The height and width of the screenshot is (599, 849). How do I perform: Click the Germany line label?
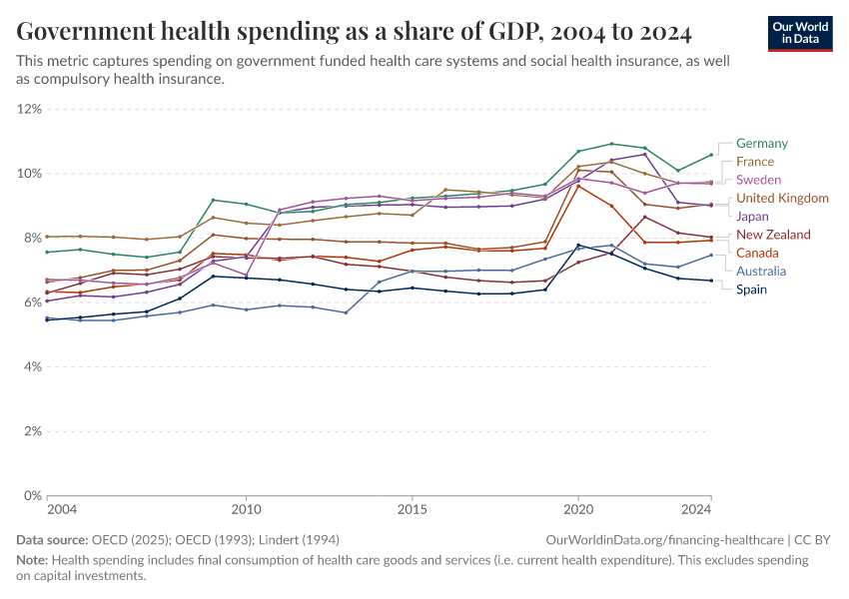(761, 144)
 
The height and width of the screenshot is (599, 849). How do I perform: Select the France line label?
(754, 162)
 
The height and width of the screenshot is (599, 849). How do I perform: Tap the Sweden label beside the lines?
(757, 180)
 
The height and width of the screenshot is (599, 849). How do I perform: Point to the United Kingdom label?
(782, 198)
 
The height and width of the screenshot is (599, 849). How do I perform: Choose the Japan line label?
(752, 216)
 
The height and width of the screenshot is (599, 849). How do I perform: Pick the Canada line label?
(757, 253)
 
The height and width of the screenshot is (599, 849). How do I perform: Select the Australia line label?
(761, 271)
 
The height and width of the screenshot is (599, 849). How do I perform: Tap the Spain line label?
(752, 290)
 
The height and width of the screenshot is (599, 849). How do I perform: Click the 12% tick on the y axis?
(29, 109)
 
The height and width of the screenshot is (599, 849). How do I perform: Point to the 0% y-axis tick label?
(32, 496)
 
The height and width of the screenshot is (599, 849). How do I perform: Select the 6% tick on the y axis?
(32, 302)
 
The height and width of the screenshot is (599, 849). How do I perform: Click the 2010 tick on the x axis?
(246, 510)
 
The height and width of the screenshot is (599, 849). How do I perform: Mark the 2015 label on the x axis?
(412, 510)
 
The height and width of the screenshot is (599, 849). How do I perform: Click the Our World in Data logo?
(800, 32)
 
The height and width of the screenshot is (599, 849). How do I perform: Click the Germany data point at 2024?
(710, 155)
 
